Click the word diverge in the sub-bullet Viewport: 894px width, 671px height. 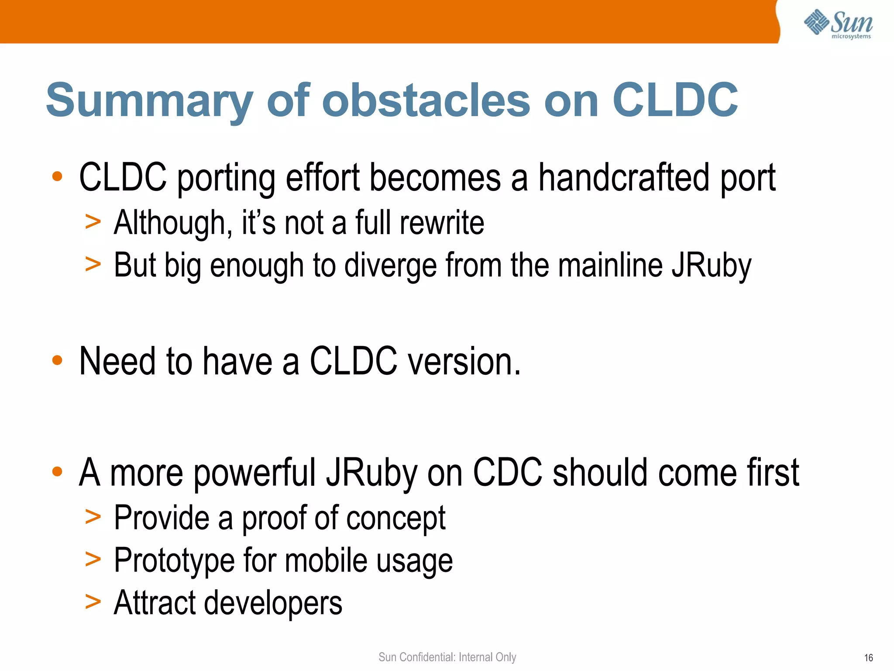click(x=390, y=266)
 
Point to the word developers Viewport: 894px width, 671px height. click(x=273, y=603)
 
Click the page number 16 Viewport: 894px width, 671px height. click(x=868, y=658)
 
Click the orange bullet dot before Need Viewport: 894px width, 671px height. click(x=57, y=361)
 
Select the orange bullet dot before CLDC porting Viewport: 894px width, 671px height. click(x=57, y=176)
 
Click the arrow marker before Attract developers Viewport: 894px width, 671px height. click(x=93, y=602)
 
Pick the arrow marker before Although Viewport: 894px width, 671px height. click(x=93, y=221)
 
